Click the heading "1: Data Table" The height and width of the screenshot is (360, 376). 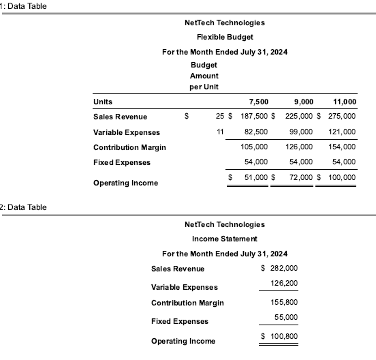tap(25, 6)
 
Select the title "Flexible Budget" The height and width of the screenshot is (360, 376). tap(224, 37)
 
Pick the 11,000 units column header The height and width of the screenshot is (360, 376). tap(344, 102)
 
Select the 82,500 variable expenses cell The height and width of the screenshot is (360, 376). tap(256, 132)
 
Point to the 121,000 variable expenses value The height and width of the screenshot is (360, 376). tap(342, 132)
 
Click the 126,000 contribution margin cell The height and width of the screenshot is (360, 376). tap(298, 147)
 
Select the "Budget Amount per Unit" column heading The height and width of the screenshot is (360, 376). tap(204, 76)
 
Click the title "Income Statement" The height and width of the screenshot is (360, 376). tap(224, 239)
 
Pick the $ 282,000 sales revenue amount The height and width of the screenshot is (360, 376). tap(280, 269)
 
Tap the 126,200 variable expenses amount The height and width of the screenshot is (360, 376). tap(284, 283)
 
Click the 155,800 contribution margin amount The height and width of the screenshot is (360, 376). tap(284, 302)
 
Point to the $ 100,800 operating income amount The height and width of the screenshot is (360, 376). tap(280, 337)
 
